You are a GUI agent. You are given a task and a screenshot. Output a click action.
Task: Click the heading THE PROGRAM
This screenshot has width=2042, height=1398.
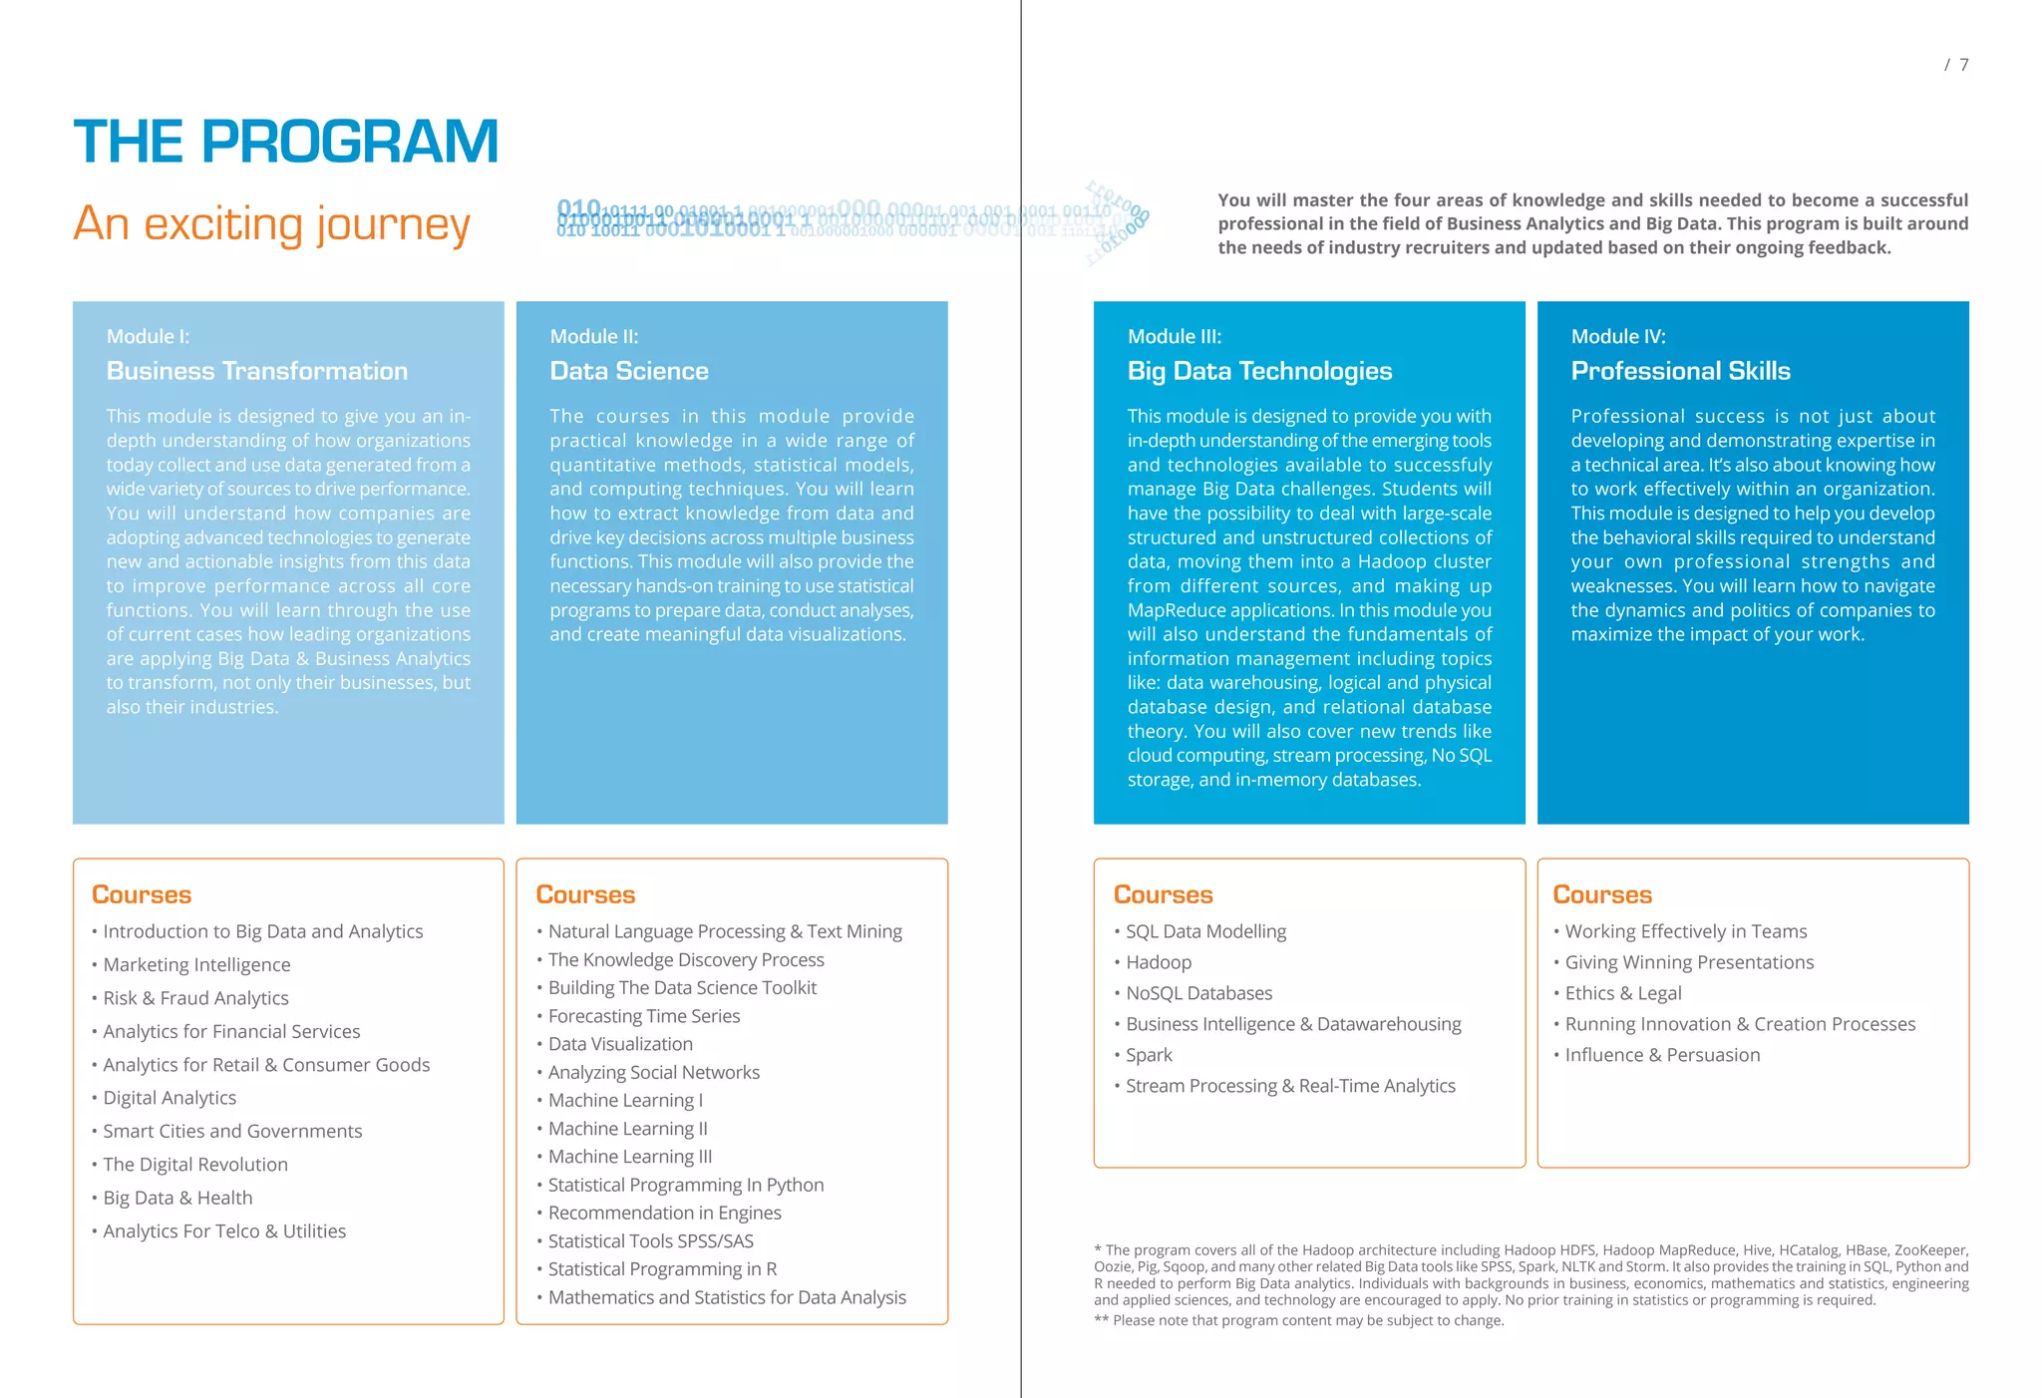tap(285, 142)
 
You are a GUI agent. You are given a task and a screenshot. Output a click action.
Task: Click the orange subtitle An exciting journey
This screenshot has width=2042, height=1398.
tap(271, 223)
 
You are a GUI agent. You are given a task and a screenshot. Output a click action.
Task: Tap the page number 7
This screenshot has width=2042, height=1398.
tap(1963, 65)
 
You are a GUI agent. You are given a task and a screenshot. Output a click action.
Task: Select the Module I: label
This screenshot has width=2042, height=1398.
tap(148, 337)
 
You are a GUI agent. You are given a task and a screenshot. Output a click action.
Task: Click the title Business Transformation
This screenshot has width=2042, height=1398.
tap(256, 371)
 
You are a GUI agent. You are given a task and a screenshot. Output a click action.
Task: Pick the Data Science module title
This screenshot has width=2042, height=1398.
tap(628, 371)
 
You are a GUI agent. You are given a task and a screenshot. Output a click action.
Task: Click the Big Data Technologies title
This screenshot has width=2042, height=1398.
tap(1258, 371)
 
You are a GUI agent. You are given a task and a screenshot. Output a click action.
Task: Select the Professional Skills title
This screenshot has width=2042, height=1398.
tap(1680, 371)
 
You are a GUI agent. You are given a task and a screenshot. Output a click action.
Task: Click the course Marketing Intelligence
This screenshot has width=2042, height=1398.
tap(196, 964)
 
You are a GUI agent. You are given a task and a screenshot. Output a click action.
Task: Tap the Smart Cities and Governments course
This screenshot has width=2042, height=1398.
tap(232, 1131)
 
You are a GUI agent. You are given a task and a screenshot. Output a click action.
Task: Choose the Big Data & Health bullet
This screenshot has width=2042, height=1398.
tap(177, 1198)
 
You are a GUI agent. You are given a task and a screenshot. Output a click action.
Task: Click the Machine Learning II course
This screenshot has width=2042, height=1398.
tap(627, 1129)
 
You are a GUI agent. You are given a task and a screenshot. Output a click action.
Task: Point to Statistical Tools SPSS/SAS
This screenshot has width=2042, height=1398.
tap(650, 1241)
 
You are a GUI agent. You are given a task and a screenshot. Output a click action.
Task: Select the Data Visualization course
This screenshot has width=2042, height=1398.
tap(619, 1044)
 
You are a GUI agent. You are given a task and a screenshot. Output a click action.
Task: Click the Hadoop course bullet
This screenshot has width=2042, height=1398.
tap(1158, 962)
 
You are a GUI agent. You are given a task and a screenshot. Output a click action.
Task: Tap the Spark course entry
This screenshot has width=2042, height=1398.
tap(1149, 1055)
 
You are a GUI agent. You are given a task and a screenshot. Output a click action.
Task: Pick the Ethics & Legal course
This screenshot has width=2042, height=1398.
tap(1622, 993)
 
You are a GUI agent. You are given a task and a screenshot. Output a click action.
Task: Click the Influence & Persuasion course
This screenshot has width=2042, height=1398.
tap(1661, 1055)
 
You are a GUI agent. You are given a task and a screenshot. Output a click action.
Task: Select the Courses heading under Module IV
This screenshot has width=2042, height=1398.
tap(1601, 894)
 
